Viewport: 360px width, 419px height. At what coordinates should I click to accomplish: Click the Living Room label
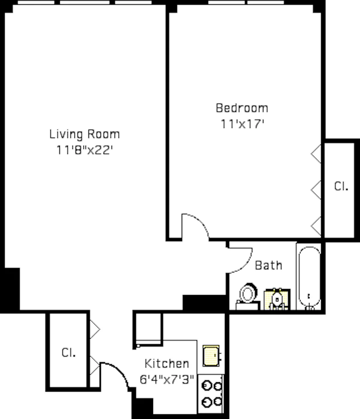pos(85,134)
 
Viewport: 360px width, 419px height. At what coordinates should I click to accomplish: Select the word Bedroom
pos(242,107)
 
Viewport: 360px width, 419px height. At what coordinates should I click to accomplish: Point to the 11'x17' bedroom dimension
pos(242,124)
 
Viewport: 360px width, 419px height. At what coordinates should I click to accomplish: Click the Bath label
pos(269,265)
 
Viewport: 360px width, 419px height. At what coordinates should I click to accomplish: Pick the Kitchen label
pos(166,364)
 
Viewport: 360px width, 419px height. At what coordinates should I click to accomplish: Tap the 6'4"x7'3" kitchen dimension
pos(167,379)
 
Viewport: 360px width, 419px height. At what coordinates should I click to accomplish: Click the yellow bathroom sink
pos(277,300)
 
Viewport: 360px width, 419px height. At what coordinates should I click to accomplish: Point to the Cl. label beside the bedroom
pos(341,186)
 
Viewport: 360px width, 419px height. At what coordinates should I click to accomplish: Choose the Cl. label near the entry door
pos(68,353)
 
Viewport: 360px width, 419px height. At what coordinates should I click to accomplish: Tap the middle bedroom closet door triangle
pos(316,188)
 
